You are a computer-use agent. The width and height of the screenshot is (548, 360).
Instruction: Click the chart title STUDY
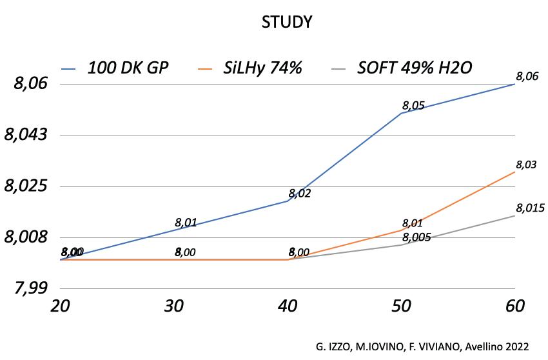(287, 23)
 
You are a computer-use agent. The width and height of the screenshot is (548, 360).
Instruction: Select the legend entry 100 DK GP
(128, 68)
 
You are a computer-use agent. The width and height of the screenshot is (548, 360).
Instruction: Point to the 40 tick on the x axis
(287, 305)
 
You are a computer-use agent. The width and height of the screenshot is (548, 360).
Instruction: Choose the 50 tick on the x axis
(401, 305)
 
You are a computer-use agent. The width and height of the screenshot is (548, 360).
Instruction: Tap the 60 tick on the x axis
(514, 305)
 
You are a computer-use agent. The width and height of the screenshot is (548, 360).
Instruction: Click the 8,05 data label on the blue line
(413, 105)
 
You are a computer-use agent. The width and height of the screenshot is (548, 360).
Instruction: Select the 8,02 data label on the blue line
(300, 193)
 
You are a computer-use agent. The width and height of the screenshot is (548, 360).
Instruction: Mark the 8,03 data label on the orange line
(526, 165)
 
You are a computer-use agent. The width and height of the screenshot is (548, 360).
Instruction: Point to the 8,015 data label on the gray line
(531, 208)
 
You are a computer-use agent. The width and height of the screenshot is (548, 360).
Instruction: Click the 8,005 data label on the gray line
(416, 238)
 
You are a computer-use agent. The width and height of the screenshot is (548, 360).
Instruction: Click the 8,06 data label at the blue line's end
(526, 75)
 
